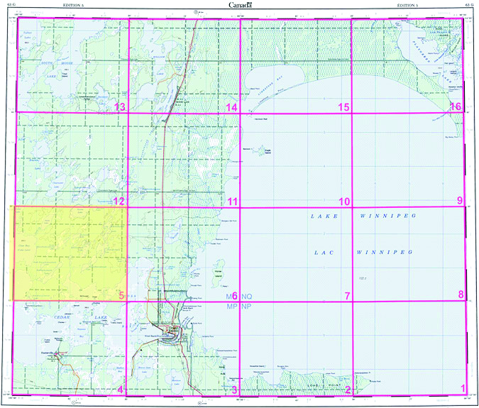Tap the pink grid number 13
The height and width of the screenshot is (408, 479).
[x=120, y=107]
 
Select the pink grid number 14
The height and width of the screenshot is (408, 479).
[x=231, y=107]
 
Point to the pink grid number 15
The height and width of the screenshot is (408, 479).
[x=343, y=107]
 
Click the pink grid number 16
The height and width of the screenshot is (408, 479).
[x=457, y=107]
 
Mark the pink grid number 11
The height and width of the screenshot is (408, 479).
[x=232, y=202]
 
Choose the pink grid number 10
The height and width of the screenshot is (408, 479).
[x=344, y=202]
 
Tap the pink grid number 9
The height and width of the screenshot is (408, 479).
[x=460, y=201]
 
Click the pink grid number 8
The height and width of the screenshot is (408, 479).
[x=461, y=295]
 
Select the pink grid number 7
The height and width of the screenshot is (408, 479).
[x=347, y=295]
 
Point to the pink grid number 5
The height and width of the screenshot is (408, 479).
[x=121, y=295]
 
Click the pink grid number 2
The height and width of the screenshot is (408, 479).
[x=348, y=388]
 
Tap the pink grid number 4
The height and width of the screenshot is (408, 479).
[x=121, y=389]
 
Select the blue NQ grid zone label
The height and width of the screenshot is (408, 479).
[x=247, y=295]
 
